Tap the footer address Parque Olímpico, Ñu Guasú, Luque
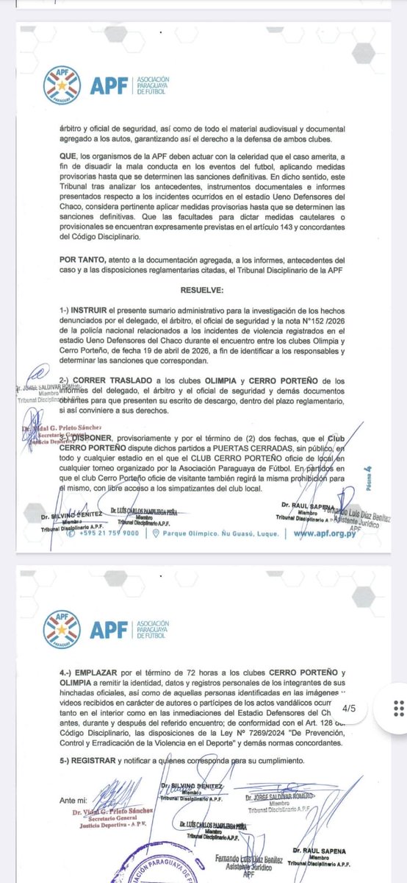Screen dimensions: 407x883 tap(207, 534)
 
